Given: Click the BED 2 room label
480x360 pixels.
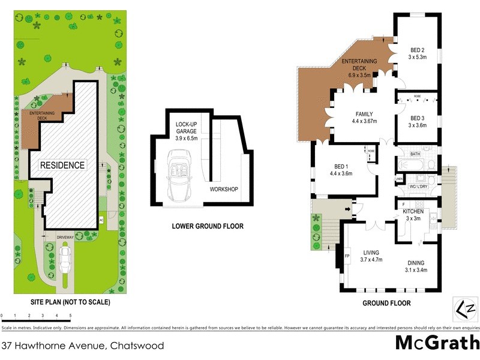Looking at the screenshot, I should [x=418, y=49].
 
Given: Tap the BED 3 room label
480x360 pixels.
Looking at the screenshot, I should [x=418, y=118].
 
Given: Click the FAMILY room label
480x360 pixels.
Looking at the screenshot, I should [x=364, y=114].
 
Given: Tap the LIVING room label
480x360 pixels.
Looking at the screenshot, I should [x=370, y=253].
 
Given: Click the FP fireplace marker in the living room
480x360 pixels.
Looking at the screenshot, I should [x=347, y=257].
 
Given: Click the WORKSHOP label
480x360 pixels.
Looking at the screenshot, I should [x=224, y=190].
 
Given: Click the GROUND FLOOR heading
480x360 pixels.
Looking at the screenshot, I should [x=386, y=303].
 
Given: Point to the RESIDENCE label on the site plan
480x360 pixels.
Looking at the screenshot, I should [x=62, y=165].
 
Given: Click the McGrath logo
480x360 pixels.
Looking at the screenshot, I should [x=437, y=343].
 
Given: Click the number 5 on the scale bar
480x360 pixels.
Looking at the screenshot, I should [x=71, y=315].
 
